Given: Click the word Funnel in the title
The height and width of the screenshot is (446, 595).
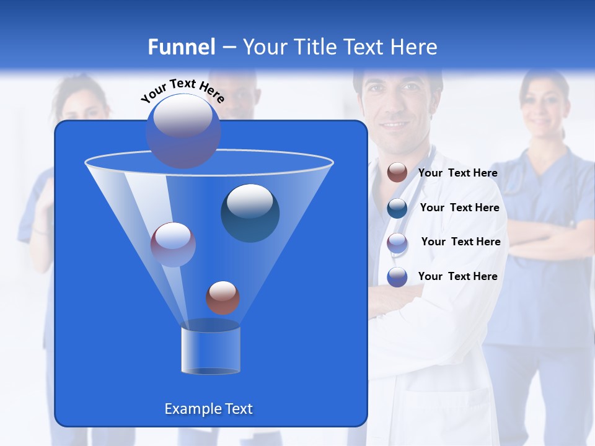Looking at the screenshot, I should coord(182,47).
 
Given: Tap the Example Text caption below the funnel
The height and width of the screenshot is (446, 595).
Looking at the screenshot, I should coord(208,409).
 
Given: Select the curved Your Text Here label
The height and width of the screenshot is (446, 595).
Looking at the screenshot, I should coord(182,90).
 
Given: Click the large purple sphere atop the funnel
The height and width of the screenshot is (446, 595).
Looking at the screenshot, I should coord(183,130).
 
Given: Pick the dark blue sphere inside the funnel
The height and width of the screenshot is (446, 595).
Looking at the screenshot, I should coord(250,212).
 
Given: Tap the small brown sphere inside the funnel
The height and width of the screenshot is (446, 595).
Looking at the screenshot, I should coord(223,297).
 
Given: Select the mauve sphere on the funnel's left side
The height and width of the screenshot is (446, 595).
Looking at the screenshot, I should coord(173,244).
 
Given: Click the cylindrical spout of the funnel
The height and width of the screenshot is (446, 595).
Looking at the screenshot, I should coord(210,350).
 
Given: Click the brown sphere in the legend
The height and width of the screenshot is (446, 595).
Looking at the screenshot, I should coord(397,173).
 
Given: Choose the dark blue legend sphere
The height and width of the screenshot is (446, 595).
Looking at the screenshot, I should coord(397,208).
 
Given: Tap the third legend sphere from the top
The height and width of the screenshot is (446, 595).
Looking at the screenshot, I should coord(397,242).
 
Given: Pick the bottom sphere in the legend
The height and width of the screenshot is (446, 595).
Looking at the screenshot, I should coord(397,277).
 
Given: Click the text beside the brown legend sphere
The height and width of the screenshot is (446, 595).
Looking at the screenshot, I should coord(457,173).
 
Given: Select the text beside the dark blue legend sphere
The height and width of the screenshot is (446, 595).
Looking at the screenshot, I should coord(459,208).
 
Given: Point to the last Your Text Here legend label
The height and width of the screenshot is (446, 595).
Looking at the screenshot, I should coord(457,276).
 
